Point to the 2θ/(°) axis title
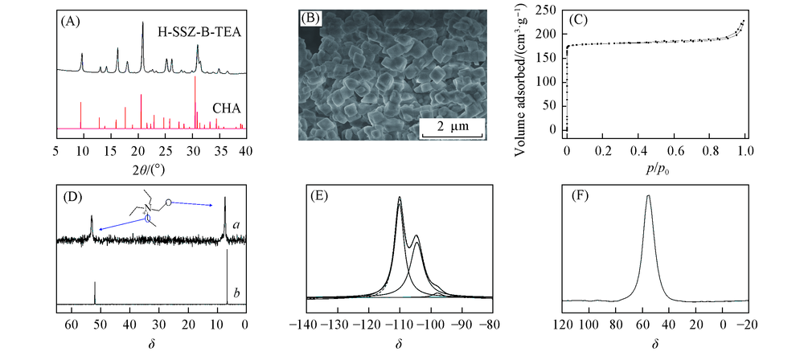(x=150, y=168)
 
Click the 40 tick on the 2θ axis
(x=246, y=150)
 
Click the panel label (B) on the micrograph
(x=310, y=19)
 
